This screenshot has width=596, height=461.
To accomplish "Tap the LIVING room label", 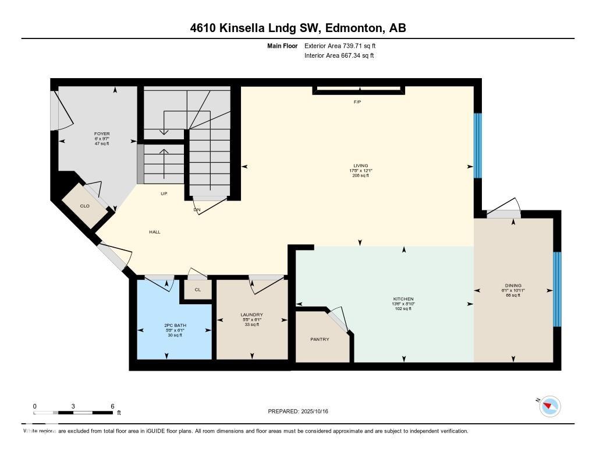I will pyautogui.click(x=360, y=166).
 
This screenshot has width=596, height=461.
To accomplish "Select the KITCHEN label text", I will pyautogui.click(x=403, y=299).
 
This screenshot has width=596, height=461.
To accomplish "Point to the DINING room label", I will pyautogui.click(x=513, y=286).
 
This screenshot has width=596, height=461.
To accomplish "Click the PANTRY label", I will pyautogui.click(x=320, y=339).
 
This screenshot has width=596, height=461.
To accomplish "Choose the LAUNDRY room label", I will pyautogui.click(x=251, y=315).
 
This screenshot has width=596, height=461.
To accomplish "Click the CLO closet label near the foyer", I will pyautogui.click(x=85, y=206).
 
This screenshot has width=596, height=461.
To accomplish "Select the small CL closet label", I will pyautogui.click(x=198, y=290).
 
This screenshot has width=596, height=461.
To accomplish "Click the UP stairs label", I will pyautogui.click(x=164, y=193).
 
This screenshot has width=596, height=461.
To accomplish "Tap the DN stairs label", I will pyautogui.click(x=197, y=210).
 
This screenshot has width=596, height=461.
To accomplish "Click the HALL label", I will pyautogui.click(x=154, y=232).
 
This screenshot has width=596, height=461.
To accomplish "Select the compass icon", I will pyautogui.click(x=550, y=406).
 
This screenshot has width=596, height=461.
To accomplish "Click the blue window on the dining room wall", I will pyautogui.click(x=556, y=289).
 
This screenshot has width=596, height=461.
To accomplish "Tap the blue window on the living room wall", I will pyautogui.click(x=478, y=146).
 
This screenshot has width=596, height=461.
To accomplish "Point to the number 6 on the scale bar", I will pyautogui.click(x=112, y=406).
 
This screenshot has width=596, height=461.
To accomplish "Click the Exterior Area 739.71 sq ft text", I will pyautogui.click(x=344, y=45).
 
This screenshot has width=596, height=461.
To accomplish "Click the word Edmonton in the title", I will pyautogui.click(x=353, y=28).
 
